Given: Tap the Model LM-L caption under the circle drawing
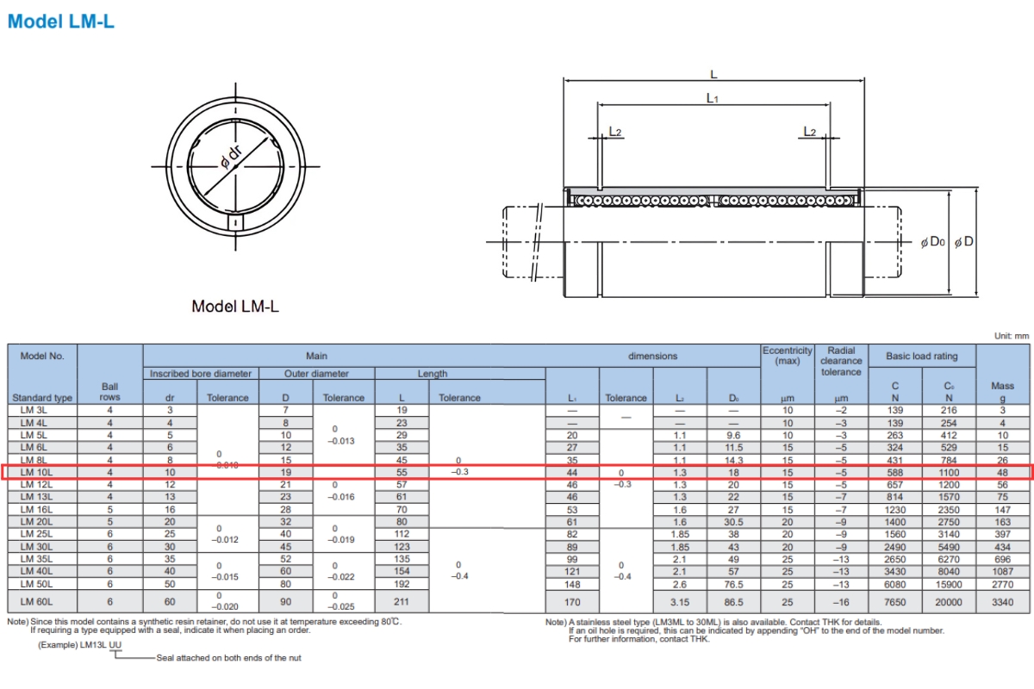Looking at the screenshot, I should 235,306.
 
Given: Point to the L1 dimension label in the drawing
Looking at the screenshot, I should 713,98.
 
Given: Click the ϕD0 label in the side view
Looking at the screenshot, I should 933,242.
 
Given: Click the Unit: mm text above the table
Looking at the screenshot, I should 1010,336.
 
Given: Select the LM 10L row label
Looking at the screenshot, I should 38,472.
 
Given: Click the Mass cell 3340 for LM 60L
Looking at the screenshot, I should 1002,602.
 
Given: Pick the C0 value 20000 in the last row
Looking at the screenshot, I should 949,602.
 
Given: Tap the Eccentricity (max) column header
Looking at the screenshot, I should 787,356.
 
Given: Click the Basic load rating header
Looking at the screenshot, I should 922,356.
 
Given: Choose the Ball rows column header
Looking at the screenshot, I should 109,392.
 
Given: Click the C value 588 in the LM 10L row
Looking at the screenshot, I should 895,472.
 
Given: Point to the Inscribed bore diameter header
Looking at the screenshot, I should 201,374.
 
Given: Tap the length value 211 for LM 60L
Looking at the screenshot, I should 402,602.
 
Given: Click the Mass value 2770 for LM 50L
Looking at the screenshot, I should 1002,583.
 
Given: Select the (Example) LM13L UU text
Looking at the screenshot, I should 79,645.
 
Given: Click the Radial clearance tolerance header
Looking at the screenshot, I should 840,362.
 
